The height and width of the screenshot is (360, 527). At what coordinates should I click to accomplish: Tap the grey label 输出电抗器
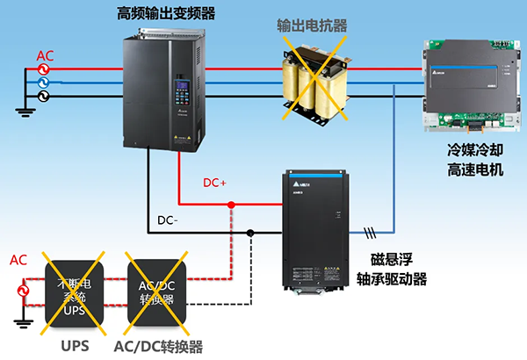(x=312, y=25)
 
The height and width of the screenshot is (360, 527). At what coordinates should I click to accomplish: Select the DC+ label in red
(x=215, y=183)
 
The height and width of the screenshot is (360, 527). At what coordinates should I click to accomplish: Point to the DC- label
(x=168, y=220)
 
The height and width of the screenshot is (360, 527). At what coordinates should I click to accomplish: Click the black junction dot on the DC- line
(x=250, y=233)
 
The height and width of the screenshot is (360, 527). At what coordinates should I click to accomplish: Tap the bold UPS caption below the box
(x=75, y=345)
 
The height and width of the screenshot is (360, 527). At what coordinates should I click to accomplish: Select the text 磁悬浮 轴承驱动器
(x=393, y=269)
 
